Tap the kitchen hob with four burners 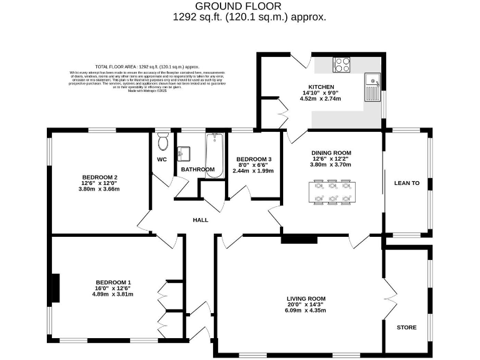[x=342, y=64]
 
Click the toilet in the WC [x=164, y=142]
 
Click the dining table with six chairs [x=332, y=191]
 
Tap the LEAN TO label [x=406, y=183]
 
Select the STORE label [x=406, y=327]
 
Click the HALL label [x=200, y=220]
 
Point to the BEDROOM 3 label [x=253, y=159]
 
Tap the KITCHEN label [x=321, y=87]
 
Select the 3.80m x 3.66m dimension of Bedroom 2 [x=99, y=189]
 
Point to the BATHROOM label [x=197, y=169]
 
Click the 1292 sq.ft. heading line [x=249, y=17]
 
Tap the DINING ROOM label [x=331, y=153]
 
